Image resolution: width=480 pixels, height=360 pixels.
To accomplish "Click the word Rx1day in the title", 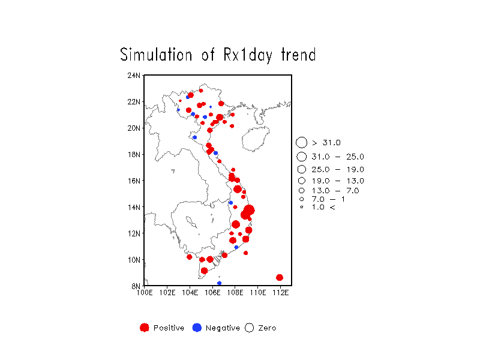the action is [248, 55].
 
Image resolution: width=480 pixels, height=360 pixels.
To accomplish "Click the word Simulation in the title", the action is [156, 55].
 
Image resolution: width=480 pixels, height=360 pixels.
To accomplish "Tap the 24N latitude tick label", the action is [134, 76].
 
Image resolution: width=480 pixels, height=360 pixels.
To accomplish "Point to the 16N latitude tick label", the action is [134, 181].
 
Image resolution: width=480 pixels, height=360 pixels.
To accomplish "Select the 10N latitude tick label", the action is [134, 260].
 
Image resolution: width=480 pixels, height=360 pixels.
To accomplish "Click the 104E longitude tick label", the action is [190, 293].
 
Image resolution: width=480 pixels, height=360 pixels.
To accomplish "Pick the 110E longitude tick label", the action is [258, 293].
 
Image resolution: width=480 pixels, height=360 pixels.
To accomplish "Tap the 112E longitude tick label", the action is [280, 293].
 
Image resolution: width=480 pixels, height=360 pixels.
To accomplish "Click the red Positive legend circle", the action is [145, 328].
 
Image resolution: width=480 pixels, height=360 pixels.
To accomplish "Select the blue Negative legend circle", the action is [197, 328].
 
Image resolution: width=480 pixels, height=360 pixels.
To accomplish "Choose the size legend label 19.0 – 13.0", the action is [338, 181].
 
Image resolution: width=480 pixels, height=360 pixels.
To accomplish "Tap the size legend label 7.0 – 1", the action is [328, 199].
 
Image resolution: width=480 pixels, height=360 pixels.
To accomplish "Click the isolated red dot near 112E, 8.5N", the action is [279, 278].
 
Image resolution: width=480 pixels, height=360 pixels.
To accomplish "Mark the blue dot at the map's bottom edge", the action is [219, 283].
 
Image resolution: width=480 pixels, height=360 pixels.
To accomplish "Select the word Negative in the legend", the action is [223, 328].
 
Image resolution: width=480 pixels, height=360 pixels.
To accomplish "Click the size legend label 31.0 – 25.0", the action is [338, 157].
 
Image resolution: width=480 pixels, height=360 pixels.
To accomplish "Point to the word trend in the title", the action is [298, 55].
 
